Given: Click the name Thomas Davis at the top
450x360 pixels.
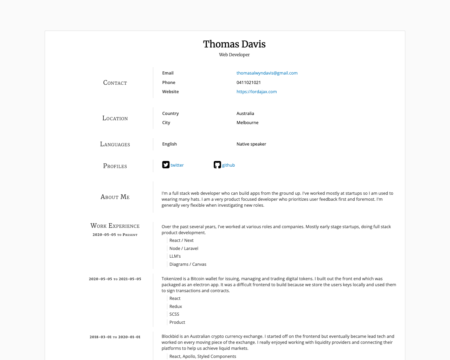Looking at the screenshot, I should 234,44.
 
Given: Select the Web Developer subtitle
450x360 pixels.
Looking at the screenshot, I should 234,55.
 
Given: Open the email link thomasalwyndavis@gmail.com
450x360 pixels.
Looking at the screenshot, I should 267,73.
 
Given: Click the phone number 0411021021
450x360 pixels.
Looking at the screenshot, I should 249,83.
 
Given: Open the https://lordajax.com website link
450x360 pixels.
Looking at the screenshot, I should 257,92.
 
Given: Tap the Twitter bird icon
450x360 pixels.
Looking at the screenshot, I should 166,165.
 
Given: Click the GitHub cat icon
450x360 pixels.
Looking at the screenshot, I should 217,165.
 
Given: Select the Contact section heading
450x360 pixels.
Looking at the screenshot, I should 115,83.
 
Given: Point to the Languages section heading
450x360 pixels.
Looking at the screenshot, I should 115,144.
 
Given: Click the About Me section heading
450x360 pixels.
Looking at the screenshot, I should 115,197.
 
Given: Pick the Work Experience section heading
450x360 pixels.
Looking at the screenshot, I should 115,226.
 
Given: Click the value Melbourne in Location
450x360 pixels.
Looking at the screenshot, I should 247,123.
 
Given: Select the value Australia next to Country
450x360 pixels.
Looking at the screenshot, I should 245,114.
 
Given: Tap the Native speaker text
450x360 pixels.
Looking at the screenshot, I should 251,144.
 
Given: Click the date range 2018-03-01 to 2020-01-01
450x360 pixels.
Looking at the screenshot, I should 115,337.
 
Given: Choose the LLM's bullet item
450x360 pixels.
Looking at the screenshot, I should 175,256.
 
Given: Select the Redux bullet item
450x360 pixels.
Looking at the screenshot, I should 176,307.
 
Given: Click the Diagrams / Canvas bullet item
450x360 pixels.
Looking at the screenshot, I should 188,264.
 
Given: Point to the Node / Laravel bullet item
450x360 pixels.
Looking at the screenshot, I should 184,249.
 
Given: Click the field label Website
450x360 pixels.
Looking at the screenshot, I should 171,92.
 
